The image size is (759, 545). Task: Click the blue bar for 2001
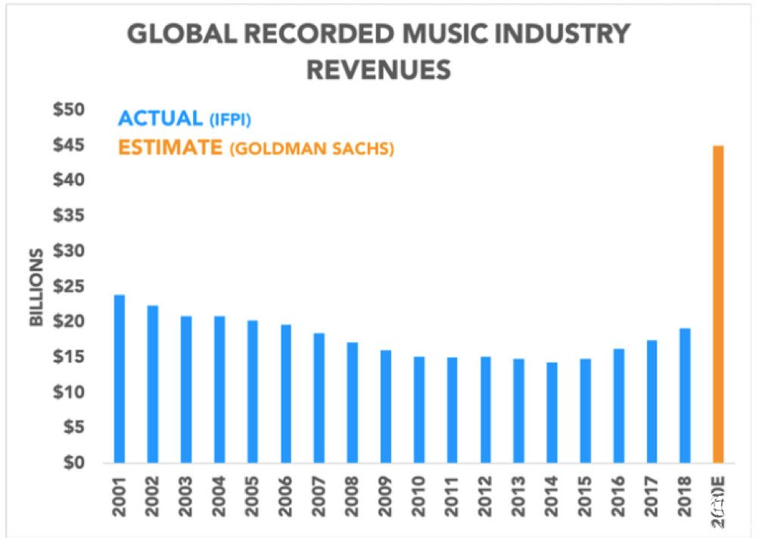coord(119,378)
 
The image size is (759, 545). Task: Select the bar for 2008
coord(352,402)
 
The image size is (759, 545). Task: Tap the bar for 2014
coord(552,413)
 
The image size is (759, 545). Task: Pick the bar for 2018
coord(685,395)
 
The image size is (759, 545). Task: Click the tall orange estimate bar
coord(718,304)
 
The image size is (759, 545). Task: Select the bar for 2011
coord(452,410)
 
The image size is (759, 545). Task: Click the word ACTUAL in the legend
coord(160,119)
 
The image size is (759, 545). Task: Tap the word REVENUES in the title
coord(378,70)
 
